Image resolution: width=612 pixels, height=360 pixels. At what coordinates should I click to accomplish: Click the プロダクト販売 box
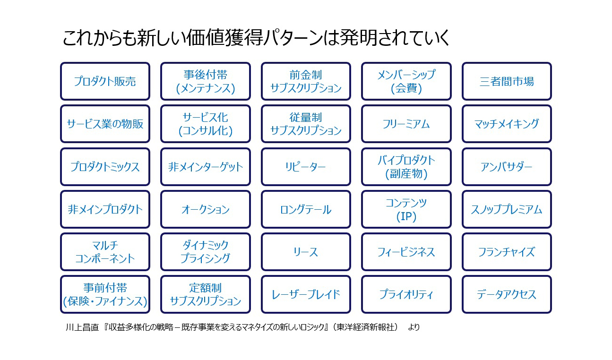[x=105, y=81]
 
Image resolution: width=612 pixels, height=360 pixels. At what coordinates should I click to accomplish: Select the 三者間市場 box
[x=507, y=81]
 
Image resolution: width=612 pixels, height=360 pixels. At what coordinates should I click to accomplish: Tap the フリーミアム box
[x=406, y=124]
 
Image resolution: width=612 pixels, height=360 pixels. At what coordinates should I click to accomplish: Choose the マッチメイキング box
[x=507, y=124]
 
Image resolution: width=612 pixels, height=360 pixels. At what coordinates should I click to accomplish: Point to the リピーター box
[x=306, y=167]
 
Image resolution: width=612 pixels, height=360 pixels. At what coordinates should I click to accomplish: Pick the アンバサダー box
[x=507, y=167]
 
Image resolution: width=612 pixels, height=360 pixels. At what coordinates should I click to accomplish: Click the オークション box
[x=206, y=209]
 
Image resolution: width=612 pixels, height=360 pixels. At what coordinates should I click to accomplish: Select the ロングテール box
[x=306, y=209]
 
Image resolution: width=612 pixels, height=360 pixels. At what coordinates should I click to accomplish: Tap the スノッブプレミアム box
[x=507, y=209]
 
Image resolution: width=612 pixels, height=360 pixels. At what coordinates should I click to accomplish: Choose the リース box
[x=306, y=252]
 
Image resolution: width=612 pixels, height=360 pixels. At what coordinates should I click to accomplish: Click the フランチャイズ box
[x=507, y=252]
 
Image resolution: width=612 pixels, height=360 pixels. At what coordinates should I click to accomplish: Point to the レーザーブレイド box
[x=306, y=294]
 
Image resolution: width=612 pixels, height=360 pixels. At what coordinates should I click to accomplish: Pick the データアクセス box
[x=507, y=294]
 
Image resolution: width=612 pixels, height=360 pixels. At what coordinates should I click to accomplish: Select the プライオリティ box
[x=406, y=294]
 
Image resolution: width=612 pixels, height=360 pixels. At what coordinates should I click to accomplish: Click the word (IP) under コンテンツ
[x=406, y=216]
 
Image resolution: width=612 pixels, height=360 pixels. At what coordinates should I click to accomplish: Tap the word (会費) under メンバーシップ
[x=406, y=88]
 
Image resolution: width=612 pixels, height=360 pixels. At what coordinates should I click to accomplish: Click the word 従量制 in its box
[x=306, y=118]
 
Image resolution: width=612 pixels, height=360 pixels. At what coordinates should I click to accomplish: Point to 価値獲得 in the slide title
[x=224, y=37]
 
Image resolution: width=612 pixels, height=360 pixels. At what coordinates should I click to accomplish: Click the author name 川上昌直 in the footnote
[x=82, y=327]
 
